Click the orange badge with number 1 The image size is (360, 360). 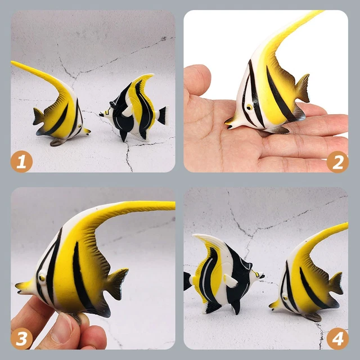click(x=21, y=163)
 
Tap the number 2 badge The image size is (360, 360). click(x=338, y=163)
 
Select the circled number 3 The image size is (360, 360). click(x=21, y=339)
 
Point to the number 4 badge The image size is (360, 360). click(x=338, y=339)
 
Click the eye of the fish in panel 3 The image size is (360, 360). click(x=41, y=277)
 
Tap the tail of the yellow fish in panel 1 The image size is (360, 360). click(x=38, y=116)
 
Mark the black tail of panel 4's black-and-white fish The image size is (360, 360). click(x=188, y=281)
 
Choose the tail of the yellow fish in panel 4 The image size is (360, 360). click(x=336, y=282)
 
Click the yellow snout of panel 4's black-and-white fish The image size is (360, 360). click(x=259, y=275)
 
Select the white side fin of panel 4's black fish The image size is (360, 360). click(x=229, y=280)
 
